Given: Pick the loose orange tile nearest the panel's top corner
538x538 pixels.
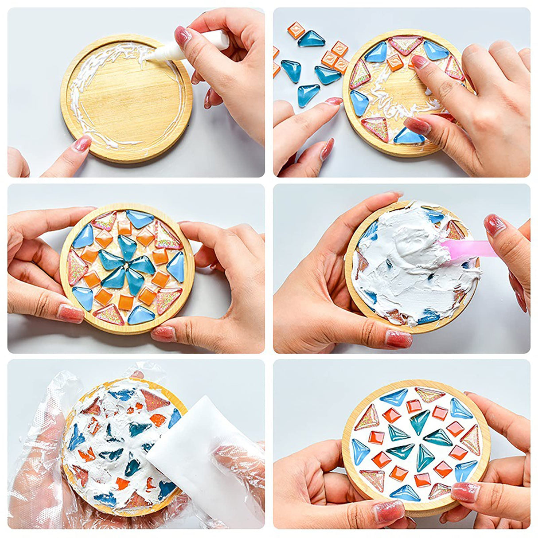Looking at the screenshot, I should click(296, 30).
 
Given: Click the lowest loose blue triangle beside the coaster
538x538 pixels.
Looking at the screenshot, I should click(308, 94).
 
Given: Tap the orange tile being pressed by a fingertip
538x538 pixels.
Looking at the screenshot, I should click(395, 62).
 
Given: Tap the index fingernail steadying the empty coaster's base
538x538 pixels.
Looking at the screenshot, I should click(81, 144).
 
